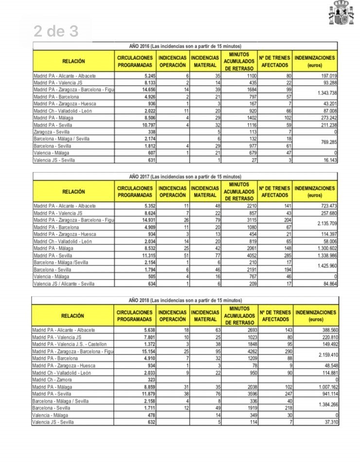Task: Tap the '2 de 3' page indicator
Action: (x=56, y=32)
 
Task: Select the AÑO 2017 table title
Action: (x=185, y=176)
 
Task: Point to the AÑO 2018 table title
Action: (x=185, y=300)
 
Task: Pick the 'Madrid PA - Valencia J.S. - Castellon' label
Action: (x=71, y=344)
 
